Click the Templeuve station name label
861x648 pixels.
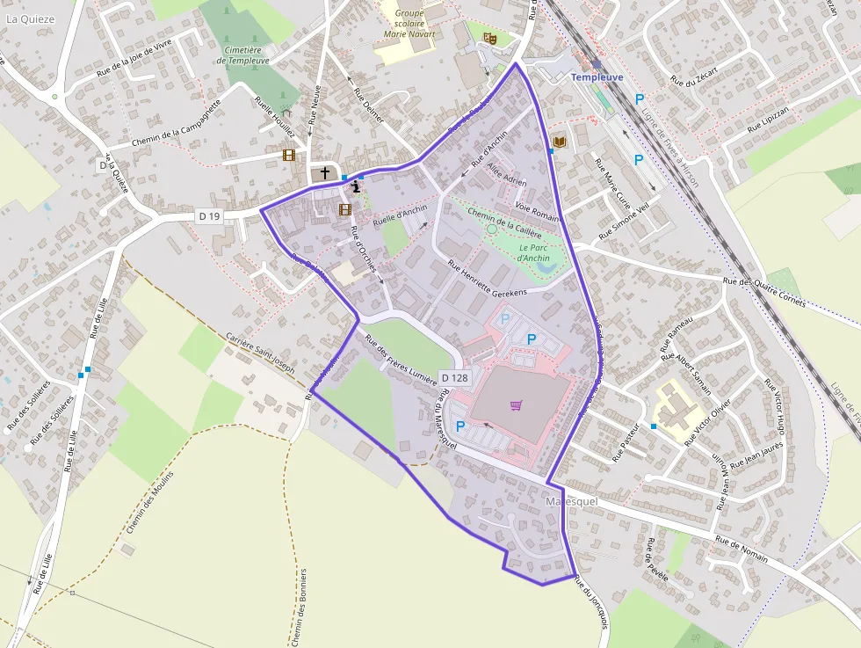tap(597, 77)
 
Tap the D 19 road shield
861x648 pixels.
tap(207, 215)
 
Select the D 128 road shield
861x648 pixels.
tap(454, 377)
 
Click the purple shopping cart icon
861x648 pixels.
tap(516, 405)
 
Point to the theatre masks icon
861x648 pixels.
tap(489, 38)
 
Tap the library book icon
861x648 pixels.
tap(559, 142)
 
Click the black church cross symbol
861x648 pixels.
tap(325, 173)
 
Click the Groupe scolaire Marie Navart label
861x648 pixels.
tap(409, 24)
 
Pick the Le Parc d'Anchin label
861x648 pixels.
tap(533, 253)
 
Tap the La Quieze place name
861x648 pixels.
tap(30, 18)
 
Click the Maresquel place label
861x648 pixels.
tap(571, 501)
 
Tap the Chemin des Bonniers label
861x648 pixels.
tap(299, 608)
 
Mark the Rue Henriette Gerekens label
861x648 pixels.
tap(487, 279)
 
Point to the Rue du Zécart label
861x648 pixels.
tap(694, 75)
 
